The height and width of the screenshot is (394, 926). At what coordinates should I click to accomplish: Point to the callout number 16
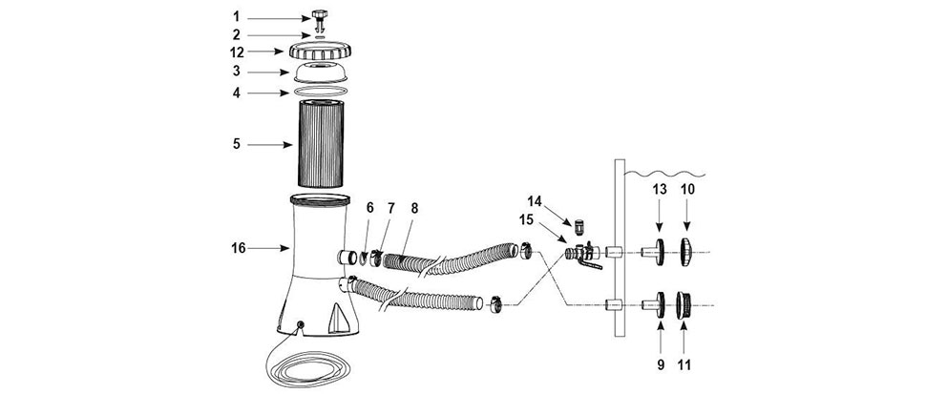point(239,248)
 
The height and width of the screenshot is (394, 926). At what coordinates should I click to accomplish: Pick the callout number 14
point(534,201)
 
